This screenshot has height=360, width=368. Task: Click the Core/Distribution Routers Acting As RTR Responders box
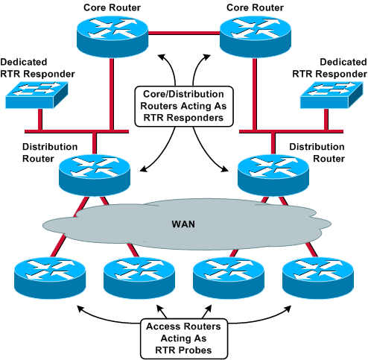click(x=183, y=107)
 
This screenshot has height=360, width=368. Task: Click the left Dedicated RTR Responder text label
click(x=31, y=68)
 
